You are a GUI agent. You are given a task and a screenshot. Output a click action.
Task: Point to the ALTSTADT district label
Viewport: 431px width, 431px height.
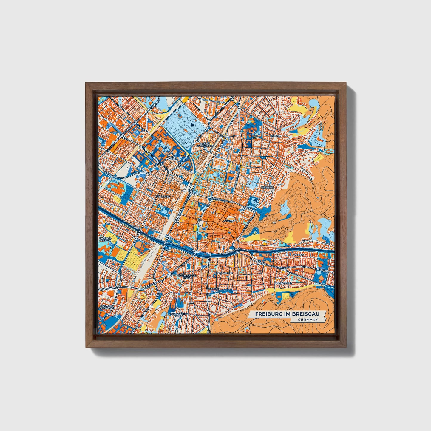[x=229, y=221]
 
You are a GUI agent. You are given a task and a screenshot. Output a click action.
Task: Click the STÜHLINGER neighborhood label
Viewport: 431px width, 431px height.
[x=163, y=197]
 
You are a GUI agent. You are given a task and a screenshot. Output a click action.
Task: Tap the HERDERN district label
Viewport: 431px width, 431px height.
[x=275, y=136]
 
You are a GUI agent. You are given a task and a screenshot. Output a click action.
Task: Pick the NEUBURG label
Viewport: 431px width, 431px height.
[x=267, y=187]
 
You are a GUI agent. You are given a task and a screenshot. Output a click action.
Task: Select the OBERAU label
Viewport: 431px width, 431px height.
[x=298, y=255]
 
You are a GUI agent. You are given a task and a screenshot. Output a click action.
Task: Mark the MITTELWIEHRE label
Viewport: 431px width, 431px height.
[x=223, y=273]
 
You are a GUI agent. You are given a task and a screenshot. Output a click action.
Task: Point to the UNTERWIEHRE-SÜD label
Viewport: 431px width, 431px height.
[x=177, y=315]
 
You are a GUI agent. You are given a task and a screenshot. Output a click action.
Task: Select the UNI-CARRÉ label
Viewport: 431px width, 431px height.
[x=171, y=158]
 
